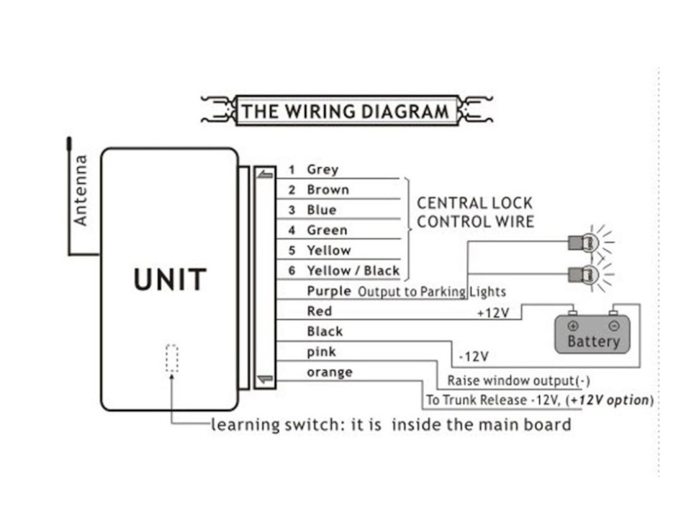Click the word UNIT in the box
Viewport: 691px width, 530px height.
point(170,279)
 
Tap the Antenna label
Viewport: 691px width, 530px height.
point(81,190)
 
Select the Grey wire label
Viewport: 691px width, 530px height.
point(322,169)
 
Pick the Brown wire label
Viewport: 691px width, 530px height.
point(328,189)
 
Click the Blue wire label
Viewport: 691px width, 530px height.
point(321,210)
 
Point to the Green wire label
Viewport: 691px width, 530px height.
point(327,230)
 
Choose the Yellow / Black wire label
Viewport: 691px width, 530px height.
point(353,271)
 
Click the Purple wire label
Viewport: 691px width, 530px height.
point(329,291)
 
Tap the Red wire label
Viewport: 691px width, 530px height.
point(319,311)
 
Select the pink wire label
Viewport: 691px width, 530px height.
point(321,351)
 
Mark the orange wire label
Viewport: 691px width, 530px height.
point(330,372)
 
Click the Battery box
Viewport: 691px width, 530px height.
point(592,335)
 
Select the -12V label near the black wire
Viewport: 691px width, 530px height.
point(473,356)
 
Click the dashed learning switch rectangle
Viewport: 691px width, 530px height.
point(171,358)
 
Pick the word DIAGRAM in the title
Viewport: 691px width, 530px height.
point(403,112)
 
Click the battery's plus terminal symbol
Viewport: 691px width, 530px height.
point(573,326)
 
